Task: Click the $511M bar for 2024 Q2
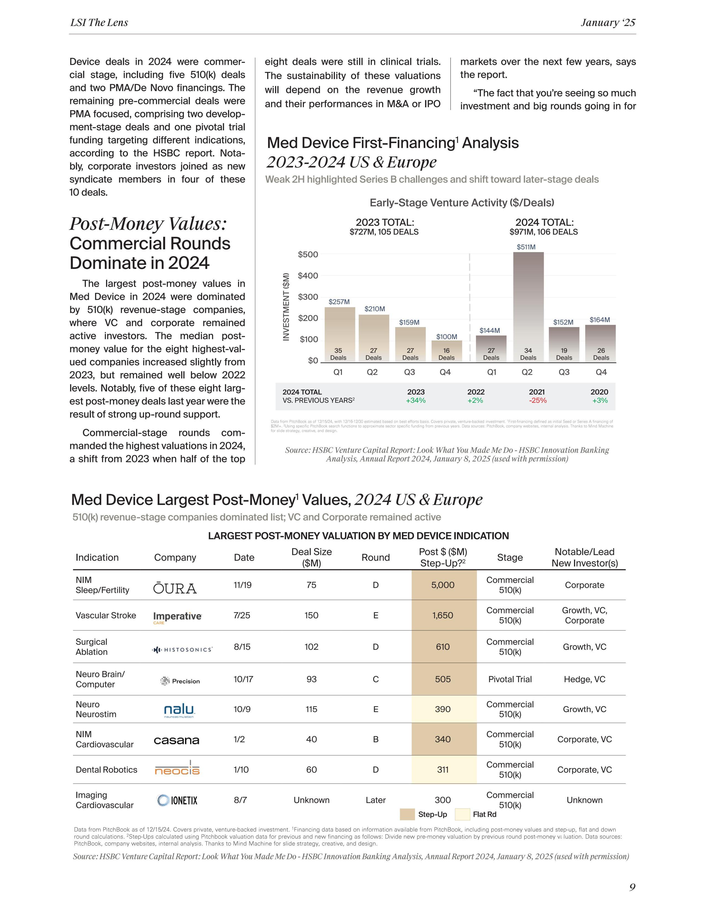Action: click(528, 306)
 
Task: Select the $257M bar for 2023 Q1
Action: click(340, 333)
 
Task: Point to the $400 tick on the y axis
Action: click(308, 275)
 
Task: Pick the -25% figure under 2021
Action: click(538, 400)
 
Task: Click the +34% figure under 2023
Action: click(415, 400)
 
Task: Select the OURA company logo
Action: click(175, 588)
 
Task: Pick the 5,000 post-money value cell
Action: click(443, 585)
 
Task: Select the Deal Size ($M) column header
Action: click(311, 558)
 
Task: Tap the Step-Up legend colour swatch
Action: click(407, 814)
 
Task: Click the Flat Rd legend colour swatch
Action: click(462, 814)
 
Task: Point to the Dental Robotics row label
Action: click(106, 770)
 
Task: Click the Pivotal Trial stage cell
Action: click(510, 679)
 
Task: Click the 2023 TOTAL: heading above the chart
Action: click(385, 223)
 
